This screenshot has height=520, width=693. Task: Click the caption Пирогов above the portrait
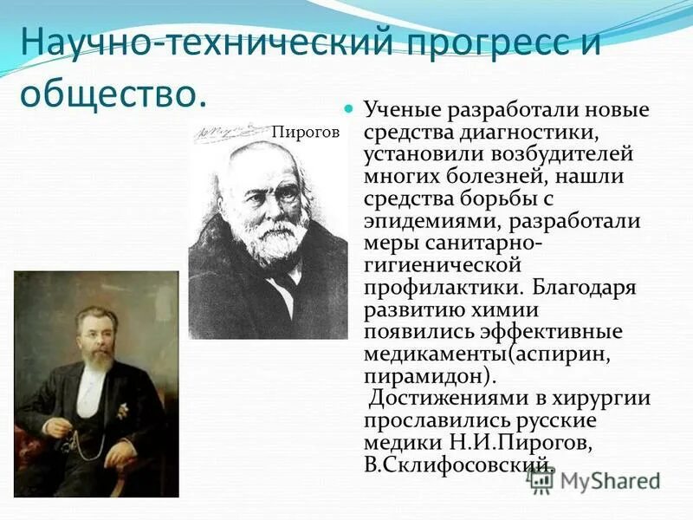[x=305, y=133]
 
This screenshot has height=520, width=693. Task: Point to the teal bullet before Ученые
[x=350, y=111]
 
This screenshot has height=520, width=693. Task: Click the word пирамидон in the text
[x=426, y=375]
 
